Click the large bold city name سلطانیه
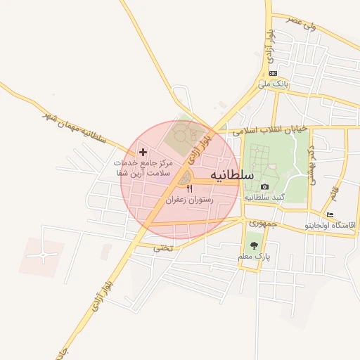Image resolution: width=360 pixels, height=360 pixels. tap(235, 176)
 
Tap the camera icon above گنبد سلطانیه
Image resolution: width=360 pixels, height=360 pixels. tap(264, 186)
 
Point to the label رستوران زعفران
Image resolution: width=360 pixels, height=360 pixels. tap(189, 200)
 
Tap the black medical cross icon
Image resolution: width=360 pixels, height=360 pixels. tap(143, 152)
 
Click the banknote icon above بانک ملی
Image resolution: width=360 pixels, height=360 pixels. tap(273, 73)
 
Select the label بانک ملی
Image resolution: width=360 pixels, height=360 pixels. tap(273, 84)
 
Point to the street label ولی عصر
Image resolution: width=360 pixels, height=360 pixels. tap(302, 22)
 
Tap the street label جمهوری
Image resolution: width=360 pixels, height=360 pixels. tap(263, 223)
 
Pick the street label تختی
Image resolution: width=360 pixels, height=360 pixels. tap(162, 247)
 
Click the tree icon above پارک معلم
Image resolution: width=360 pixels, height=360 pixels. tap(254, 245)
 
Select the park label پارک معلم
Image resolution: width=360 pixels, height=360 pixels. tap(254, 257)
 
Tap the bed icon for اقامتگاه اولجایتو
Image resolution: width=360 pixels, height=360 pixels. tap(330, 214)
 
